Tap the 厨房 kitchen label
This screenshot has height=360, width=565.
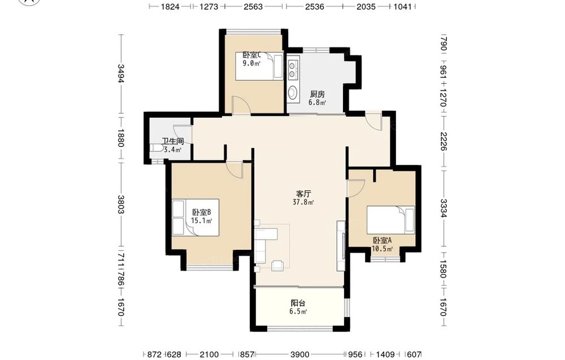click(x=318, y=94)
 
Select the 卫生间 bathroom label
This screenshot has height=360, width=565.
click(x=172, y=141)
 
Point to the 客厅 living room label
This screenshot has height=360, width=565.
click(x=304, y=194)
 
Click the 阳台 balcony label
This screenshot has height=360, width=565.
click(x=298, y=303)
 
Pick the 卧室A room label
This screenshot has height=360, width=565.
click(x=383, y=240)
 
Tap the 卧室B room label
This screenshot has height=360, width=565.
click(x=202, y=212)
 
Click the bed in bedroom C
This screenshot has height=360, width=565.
click(x=259, y=66)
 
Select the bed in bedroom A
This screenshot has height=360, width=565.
click(x=390, y=220)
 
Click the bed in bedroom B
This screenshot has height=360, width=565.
click(x=195, y=217)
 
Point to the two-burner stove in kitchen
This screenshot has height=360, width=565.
click(x=292, y=70)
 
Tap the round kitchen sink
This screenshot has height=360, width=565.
click(x=292, y=92)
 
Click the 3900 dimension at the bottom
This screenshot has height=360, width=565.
click(x=300, y=354)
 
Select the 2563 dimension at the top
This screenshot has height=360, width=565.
click(x=253, y=6)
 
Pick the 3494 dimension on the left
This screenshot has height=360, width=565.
click(x=121, y=73)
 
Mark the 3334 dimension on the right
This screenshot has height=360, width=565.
click(x=444, y=209)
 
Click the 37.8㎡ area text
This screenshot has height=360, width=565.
click(x=304, y=202)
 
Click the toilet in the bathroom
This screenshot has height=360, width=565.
click(x=157, y=149)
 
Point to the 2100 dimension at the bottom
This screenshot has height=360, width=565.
click(x=209, y=354)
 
